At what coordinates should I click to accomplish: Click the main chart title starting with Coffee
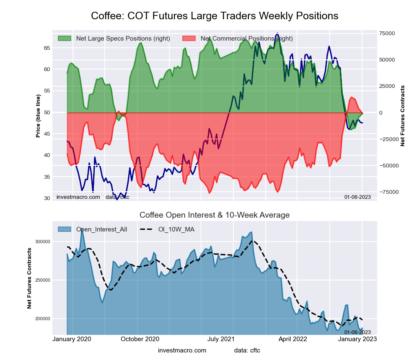click(x=215, y=16)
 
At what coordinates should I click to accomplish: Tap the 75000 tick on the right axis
click(x=387, y=33)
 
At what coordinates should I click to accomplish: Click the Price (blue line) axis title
click(x=38, y=116)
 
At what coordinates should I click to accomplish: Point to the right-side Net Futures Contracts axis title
click(x=403, y=116)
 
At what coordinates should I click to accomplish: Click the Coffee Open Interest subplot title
click(x=215, y=215)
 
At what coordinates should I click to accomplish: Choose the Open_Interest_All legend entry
click(x=101, y=229)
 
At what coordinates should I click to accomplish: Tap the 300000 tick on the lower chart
click(x=42, y=242)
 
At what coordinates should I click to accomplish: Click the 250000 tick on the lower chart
click(x=42, y=280)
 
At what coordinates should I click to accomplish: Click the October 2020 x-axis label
click(x=140, y=339)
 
